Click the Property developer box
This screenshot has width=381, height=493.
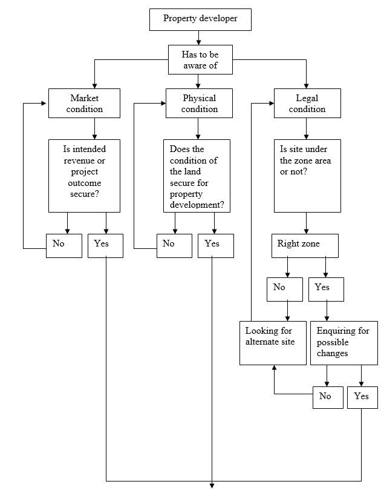pyautogui.click(x=200, y=19)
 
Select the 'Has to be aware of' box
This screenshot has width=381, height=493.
pyautogui.click(x=200, y=59)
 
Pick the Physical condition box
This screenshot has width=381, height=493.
pyautogui.click(x=199, y=104)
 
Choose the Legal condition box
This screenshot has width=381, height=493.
pyautogui.click(x=307, y=104)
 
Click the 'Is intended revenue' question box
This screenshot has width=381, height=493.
pyautogui.click(x=85, y=176)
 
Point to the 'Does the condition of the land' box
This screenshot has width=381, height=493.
pyautogui.click(x=197, y=176)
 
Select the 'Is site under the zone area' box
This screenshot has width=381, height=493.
pyautogui.click(x=307, y=176)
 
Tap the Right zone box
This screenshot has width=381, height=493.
pyautogui.click(x=304, y=245)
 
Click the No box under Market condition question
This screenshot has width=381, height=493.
pyautogui.click(x=64, y=245)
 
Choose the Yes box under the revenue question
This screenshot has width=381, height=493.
pyautogui.click(x=105, y=245)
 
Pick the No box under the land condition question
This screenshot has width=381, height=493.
pyautogui.click(x=175, y=245)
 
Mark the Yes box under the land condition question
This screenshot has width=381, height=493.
pyautogui.click(x=215, y=245)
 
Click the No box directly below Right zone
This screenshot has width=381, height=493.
pyautogui.click(x=284, y=289)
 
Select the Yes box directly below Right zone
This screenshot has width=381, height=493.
pyautogui.click(x=327, y=289)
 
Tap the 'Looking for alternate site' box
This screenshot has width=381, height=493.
pyautogui.click(x=273, y=343)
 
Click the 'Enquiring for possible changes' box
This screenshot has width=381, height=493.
pyautogui.click(x=344, y=343)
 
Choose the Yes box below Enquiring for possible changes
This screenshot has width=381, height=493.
pyautogui.click(x=362, y=397)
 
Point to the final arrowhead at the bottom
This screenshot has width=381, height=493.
pyautogui.click(x=212, y=485)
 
